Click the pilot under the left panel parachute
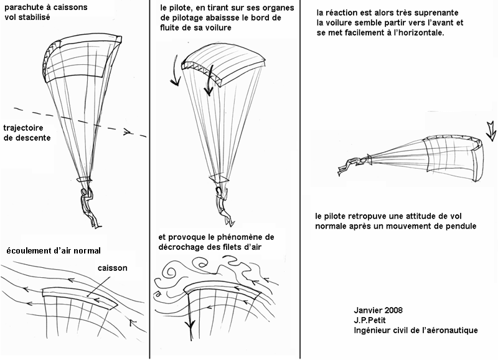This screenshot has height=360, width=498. coord(87,202)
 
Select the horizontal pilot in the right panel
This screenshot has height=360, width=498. coord(349,165)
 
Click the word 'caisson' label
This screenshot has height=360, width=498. coord(112,268)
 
